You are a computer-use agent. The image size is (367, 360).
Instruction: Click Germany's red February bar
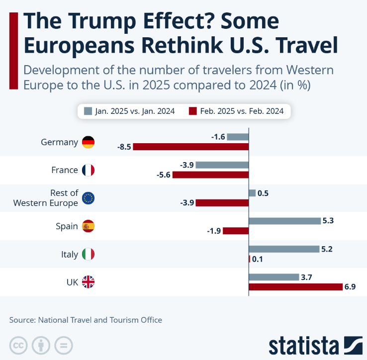pos(190,147)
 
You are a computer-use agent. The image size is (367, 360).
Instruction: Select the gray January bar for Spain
pos(284,221)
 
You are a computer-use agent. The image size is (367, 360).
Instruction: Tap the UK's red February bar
pos(295,287)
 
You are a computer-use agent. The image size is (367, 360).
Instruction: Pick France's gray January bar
pos(222,165)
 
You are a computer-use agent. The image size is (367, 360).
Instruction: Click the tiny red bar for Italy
pos(249,259)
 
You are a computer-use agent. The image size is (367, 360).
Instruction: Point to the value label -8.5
pos(124,147)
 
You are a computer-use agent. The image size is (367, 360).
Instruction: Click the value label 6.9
pos(350,287)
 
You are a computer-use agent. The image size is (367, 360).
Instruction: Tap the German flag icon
pos(88,142)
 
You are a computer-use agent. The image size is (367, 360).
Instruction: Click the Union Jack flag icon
pos(88,282)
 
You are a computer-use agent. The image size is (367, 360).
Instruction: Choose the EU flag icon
pos(88,198)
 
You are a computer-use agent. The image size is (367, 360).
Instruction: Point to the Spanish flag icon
pos(88,226)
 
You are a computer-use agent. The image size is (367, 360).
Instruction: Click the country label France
pos(65,170)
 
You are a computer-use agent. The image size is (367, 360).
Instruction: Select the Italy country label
pos(69,255)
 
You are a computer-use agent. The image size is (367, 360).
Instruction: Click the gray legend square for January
pos(89,111)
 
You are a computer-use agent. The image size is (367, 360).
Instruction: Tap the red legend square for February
pos(192,111)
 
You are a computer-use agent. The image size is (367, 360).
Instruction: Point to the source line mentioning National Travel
pos(86,320)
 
